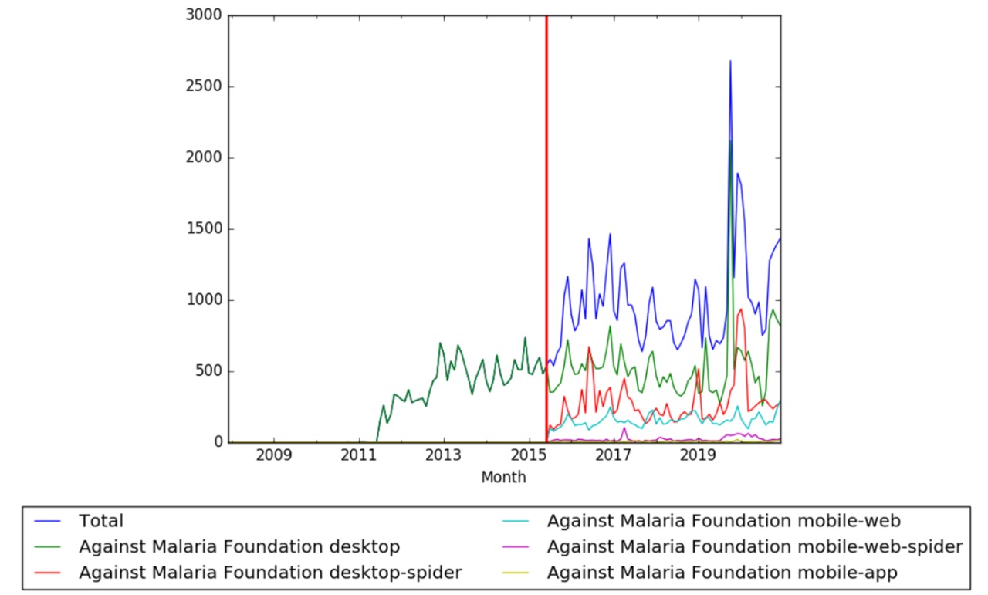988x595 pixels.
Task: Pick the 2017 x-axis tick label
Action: (614, 456)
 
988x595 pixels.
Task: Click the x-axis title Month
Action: (503, 477)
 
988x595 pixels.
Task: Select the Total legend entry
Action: (100, 522)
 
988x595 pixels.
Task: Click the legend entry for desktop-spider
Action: (269, 572)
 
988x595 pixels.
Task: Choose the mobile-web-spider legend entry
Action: (754, 546)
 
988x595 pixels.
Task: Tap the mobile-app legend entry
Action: (722, 572)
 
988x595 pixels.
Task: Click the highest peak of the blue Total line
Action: (730, 61)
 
